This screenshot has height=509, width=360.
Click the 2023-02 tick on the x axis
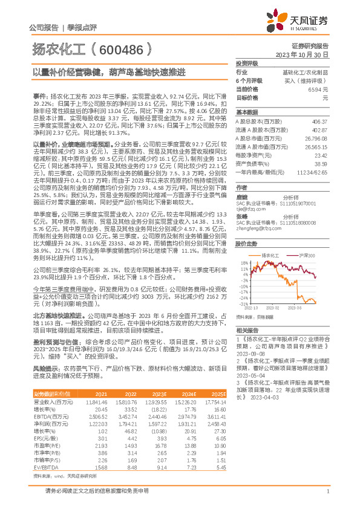pos(272,307)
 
